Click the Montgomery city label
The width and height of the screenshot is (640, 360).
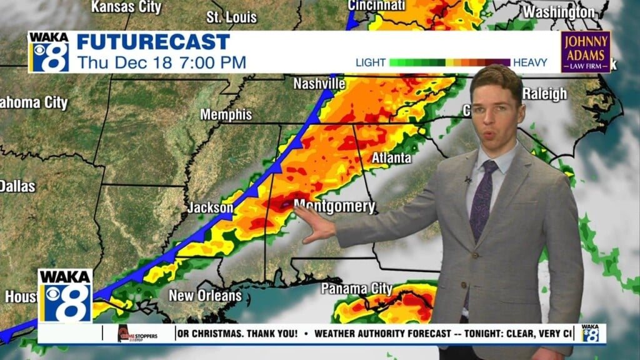coord(334,206)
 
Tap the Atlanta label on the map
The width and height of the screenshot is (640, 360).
coord(391,158)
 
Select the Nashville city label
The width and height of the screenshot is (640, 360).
coord(319,84)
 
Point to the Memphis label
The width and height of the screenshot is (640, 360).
coord(226,115)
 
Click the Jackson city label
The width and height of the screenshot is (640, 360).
coord(211,208)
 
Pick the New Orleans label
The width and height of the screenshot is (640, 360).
coord(205,295)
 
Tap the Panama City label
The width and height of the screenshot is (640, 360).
coord(356,289)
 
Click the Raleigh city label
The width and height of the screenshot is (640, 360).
coord(544,94)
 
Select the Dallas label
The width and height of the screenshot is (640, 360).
coord(17,186)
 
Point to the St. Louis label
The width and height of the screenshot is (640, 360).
coord(231,17)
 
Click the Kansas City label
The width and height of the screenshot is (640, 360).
coord(126,7)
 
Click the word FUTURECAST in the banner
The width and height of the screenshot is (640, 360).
coord(153,42)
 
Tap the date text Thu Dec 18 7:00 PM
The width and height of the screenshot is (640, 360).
coord(161,62)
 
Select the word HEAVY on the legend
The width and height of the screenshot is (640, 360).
coord(530,62)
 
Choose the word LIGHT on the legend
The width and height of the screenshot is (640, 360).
coord(371,62)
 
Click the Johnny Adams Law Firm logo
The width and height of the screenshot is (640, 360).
coord(585,52)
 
